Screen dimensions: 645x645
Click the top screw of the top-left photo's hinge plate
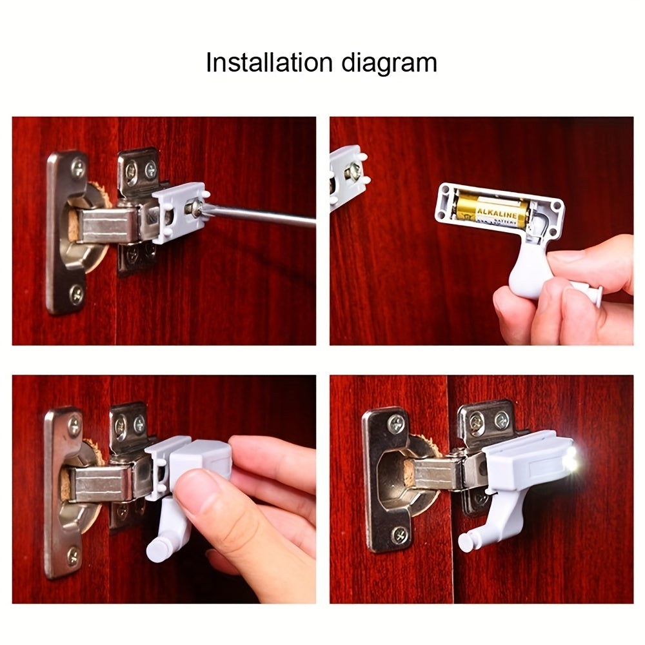pyautogui.click(x=78, y=168)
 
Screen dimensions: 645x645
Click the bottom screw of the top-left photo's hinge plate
pyautogui.click(x=76, y=293)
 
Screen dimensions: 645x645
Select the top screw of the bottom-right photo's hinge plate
pyautogui.click(x=395, y=423)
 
